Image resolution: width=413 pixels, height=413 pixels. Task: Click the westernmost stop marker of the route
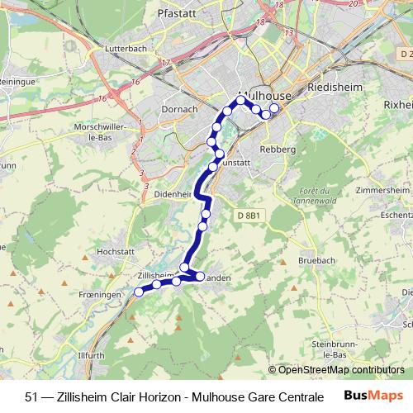tap(139, 292)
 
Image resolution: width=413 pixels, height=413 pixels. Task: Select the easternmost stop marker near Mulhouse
tap(274, 108)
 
